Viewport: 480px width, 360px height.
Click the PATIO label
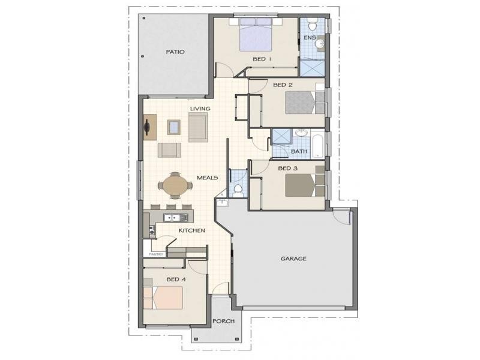(x=175, y=52)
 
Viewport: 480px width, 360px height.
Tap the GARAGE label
(x=293, y=259)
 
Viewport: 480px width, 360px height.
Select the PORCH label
(x=224, y=321)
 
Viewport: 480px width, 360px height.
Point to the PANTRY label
(x=157, y=254)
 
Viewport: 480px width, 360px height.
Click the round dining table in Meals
(x=175, y=185)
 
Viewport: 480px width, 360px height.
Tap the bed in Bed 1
(x=256, y=34)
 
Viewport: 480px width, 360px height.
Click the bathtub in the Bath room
(x=318, y=146)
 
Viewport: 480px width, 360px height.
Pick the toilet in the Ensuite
(x=312, y=25)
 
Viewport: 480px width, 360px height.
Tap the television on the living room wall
(x=147, y=127)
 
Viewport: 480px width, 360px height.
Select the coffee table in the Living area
(x=173, y=127)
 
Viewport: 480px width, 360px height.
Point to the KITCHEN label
(x=192, y=230)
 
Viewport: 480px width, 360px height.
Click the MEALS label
(x=208, y=178)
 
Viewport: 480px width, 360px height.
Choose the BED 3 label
(x=287, y=169)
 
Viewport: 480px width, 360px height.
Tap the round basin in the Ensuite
(x=320, y=44)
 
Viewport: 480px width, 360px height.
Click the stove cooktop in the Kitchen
(x=152, y=231)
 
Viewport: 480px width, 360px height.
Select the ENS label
(x=310, y=38)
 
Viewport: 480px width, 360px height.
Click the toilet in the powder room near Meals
(x=237, y=190)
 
